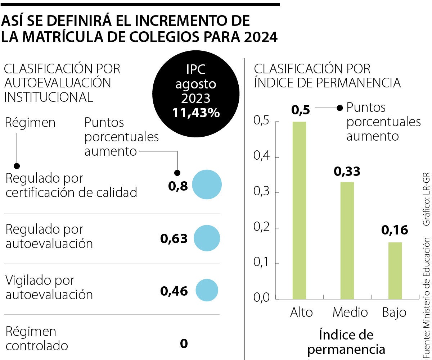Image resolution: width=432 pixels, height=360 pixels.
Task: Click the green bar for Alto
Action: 299,210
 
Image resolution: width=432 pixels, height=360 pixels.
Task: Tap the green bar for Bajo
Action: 395,270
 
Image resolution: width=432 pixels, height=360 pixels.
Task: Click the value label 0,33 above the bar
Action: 347,172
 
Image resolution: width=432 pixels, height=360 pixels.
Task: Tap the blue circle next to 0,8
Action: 207,184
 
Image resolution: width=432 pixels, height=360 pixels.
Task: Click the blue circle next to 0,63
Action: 207,238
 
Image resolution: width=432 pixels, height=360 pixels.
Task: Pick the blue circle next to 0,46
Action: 207,290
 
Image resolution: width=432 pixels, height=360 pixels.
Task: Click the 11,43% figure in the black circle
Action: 196,113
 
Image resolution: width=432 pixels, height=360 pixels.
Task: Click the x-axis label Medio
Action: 350,312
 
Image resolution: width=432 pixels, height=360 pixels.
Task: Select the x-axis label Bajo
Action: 394,312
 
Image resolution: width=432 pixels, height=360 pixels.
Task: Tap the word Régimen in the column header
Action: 31,123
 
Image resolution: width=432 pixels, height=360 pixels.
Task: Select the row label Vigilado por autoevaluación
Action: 49,287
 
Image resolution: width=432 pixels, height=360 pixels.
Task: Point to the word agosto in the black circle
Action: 196,84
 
